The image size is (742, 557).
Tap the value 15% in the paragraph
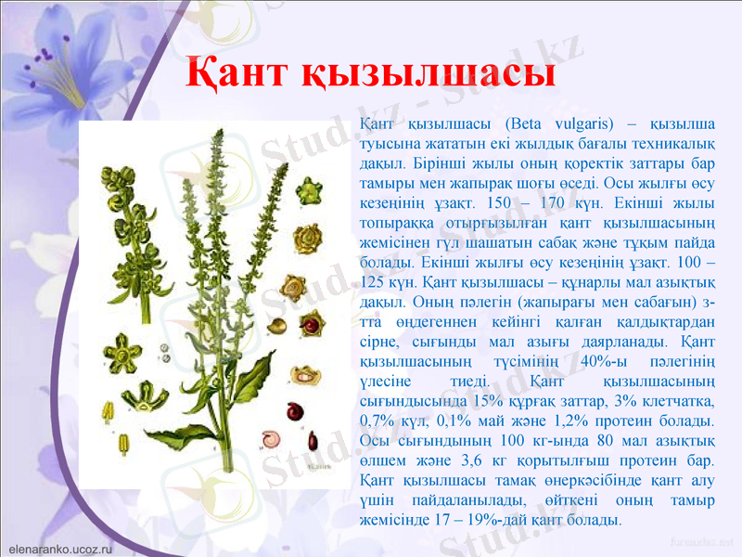point(488,401)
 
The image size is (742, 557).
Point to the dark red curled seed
point(295,410)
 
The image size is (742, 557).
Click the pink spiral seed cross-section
point(273,438)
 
